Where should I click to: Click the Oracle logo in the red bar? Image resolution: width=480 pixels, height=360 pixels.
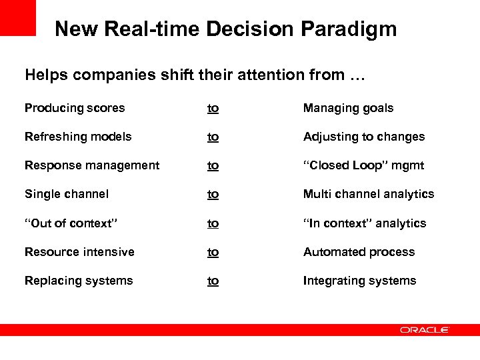(425, 329)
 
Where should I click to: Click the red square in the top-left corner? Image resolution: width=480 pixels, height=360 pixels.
(17, 17)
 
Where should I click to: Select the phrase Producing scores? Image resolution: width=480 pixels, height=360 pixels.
(75, 108)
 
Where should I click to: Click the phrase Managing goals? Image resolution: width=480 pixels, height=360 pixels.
(348, 108)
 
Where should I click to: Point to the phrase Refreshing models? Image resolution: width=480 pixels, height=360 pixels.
(78, 137)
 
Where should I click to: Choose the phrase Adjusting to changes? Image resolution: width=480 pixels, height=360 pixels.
(363, 137)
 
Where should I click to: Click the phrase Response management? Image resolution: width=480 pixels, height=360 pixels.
(92, 165)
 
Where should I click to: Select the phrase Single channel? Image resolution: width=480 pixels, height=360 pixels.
(67, 194)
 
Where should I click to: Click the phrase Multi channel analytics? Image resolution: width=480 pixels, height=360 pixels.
(368, 194)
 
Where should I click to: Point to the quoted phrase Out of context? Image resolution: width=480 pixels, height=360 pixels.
(71, 223)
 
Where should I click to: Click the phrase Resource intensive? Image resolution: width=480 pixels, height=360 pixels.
(79, 252)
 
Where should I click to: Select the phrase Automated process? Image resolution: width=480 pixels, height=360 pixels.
(359, 252)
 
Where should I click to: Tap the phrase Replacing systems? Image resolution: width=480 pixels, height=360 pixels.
(79, 281)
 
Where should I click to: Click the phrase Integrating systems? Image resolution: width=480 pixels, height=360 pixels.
(359, 281)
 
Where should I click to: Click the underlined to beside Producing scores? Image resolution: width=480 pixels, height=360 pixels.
(213, 108)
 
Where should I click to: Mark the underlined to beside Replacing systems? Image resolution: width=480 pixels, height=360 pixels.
(213, 281)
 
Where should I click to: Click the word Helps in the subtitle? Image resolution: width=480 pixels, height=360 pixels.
(46, 75)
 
